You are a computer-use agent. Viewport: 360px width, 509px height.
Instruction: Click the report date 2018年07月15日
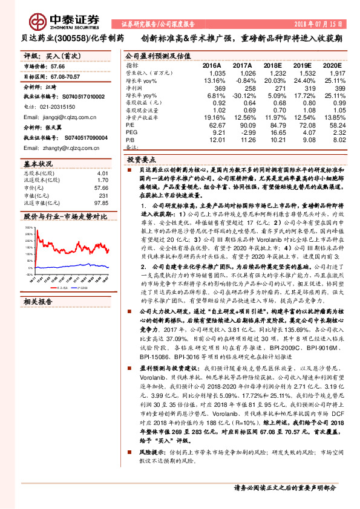click(318, 25)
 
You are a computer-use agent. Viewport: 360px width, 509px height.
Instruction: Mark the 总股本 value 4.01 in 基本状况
click(106, 174)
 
